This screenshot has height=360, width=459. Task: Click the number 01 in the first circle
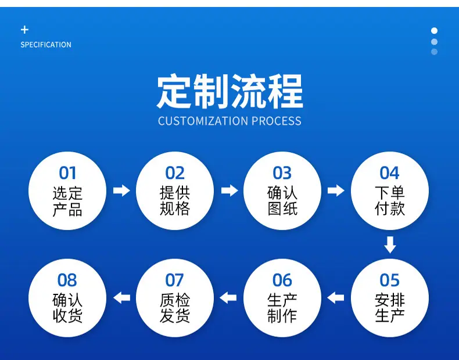[x=67, y=173]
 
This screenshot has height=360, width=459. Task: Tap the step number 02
[x=175, y=173]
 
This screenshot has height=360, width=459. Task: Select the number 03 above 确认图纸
[x=282, y=173]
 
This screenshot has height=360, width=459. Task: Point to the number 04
[x=390, y=173]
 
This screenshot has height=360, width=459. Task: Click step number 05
[x=390, y=280]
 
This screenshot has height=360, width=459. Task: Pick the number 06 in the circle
[x=282, y=280]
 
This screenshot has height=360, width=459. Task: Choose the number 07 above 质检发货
[x=175, y=280]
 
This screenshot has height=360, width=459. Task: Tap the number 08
[x=67, y=280]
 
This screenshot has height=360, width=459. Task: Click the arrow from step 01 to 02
[x=121, y=190]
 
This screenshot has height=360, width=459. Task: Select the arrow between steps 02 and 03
[x=229, y=190]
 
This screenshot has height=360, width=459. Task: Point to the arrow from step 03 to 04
[x=336, y=190]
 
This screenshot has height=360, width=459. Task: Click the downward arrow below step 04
[x=390, y=245]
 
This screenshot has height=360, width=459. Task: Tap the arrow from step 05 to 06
[x=335, y=298]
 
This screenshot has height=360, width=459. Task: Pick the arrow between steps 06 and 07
[x=228, y=298]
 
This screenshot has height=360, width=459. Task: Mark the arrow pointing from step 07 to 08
[x=121, y=298]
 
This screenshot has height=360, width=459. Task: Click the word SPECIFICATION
[x=46, y=45]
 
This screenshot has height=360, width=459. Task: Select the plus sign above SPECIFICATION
[x=24, y=30]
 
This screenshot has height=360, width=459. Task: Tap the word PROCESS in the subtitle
[x=277, y=121]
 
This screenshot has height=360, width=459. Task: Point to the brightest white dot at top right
[x=435, y=31]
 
